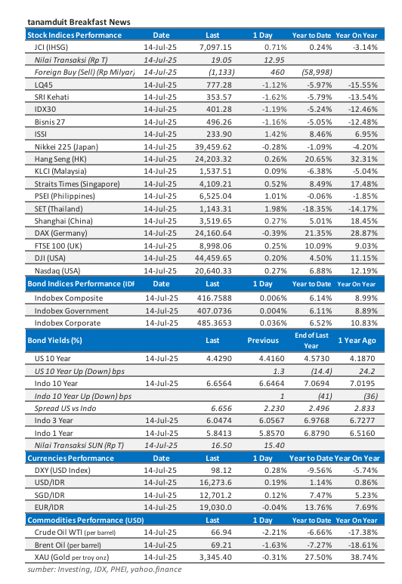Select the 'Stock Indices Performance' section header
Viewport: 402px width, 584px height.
point(74,36)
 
